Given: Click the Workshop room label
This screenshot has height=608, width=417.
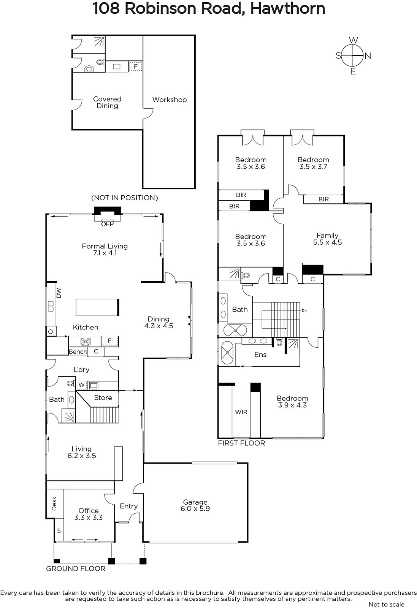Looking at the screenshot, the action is click(170, 100).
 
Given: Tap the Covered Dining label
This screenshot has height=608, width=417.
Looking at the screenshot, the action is click(107, 102).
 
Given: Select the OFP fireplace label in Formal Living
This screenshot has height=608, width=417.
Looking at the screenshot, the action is click(107, 224).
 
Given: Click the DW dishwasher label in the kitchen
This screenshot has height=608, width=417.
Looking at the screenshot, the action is click(59, 293).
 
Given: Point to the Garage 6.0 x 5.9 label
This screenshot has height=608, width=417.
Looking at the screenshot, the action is click(195, 505).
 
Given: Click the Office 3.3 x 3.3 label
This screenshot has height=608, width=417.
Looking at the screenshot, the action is click(89, 514).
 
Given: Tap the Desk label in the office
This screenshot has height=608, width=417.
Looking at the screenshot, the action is click(54, 503).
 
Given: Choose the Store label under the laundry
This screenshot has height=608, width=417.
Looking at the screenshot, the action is click(103, 397).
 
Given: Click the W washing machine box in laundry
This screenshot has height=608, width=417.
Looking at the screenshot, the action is click(81, 385).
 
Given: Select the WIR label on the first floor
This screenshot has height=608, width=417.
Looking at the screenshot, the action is click(241, 412).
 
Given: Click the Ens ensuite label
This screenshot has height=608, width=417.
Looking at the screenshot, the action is click(260, 355).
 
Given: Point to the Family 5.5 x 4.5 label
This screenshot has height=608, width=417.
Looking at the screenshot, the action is click(327, 239).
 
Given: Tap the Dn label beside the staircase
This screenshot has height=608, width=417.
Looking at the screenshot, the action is click(304, 311).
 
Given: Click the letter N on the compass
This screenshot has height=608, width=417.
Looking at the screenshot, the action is click(368, 56).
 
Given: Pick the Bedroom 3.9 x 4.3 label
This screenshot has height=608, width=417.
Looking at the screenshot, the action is click(292, 402).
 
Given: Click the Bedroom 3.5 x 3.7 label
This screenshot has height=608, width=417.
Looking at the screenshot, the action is click(313, 163).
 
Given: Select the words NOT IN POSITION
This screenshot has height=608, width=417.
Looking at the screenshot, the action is click(125, 198).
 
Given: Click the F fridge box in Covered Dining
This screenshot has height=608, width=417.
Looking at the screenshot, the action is click(135, 66).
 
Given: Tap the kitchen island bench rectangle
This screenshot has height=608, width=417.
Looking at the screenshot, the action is click(97, 307).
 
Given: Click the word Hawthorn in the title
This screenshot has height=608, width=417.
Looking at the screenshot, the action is click(287, 8).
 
